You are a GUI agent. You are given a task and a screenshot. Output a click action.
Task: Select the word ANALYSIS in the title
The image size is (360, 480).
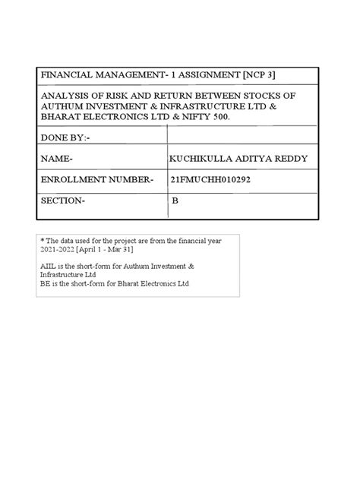click(x=65, y=96)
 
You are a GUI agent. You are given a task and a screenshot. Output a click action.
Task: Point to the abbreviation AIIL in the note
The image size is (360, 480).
click(x=48, y=267)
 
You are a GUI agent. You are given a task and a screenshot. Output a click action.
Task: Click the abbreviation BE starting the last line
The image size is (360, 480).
click(x=46, y=283)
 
